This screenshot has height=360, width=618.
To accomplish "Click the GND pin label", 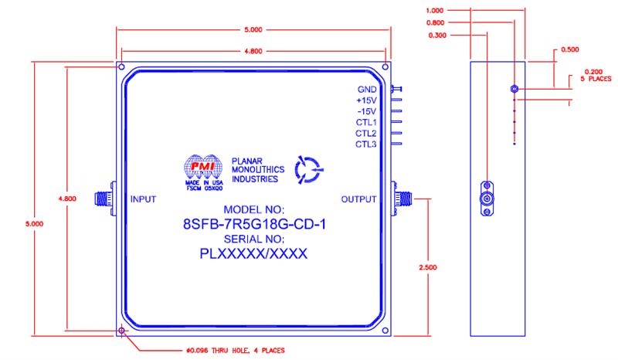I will point(366,90).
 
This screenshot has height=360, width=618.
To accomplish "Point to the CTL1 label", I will point(365,122).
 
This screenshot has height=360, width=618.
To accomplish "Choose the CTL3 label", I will point(365,144).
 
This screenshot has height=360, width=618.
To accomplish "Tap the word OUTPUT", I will point(358,199).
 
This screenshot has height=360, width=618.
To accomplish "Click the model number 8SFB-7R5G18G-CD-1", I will point(253,226).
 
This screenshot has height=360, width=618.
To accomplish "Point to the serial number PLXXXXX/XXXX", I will point(253,253).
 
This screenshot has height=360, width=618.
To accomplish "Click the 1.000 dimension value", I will point(435,11).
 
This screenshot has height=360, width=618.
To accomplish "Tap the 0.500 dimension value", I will point(570,49).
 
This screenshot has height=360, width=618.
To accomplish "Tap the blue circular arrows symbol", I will point(311,169).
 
